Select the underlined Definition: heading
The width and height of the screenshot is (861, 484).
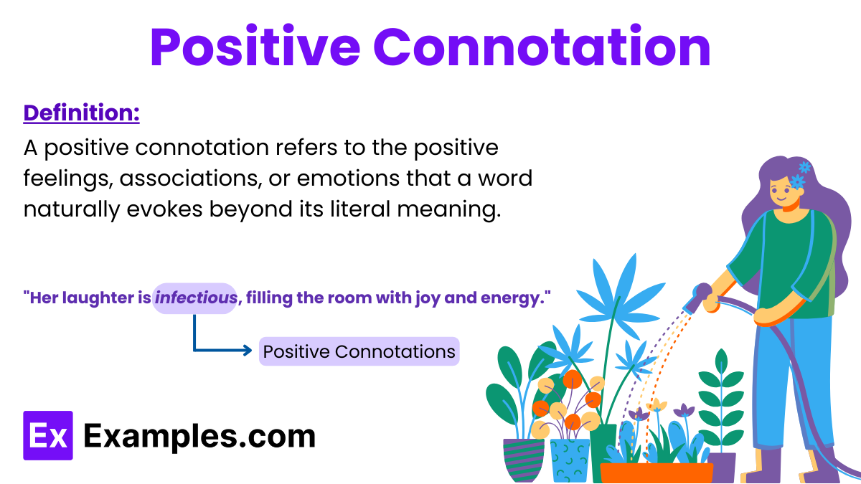click(81, 113)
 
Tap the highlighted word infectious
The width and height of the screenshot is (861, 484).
click(195, 298)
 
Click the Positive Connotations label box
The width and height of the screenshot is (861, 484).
click(359, 352)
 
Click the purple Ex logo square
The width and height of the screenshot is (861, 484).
click(48, 435)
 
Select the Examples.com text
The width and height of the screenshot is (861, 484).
click(199, 436)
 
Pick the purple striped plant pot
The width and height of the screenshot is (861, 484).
click(523, 459)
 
